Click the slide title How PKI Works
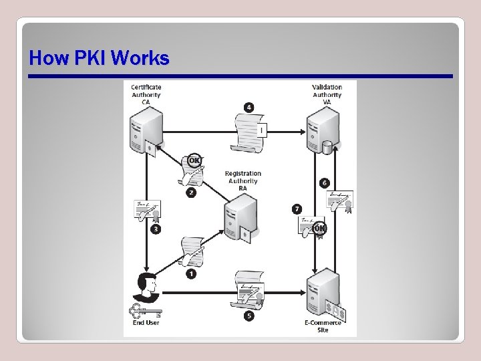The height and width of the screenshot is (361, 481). (x=99, y=59)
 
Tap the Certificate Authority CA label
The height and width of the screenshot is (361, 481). (x=146, y=94)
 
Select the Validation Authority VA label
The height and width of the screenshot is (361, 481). (x=327, y=94)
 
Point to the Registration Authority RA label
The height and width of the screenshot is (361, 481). (x=243, y=180)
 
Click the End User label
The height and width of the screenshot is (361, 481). (x=146, y=323)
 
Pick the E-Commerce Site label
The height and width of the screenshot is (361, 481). (x=323, y=326)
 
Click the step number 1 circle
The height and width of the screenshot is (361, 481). (x=192, y=274)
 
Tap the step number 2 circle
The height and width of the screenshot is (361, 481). (x=192, y=193)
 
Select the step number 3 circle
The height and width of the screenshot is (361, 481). (x=156, y=229)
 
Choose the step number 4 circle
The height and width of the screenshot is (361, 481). (x=249, y=107)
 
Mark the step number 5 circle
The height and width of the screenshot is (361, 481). (x=249, y=316)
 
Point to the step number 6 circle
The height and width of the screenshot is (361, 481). (x=325, y=183)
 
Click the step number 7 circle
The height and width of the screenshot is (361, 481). (x=297, y=209)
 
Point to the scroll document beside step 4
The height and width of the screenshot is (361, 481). (x=251, y=130)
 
